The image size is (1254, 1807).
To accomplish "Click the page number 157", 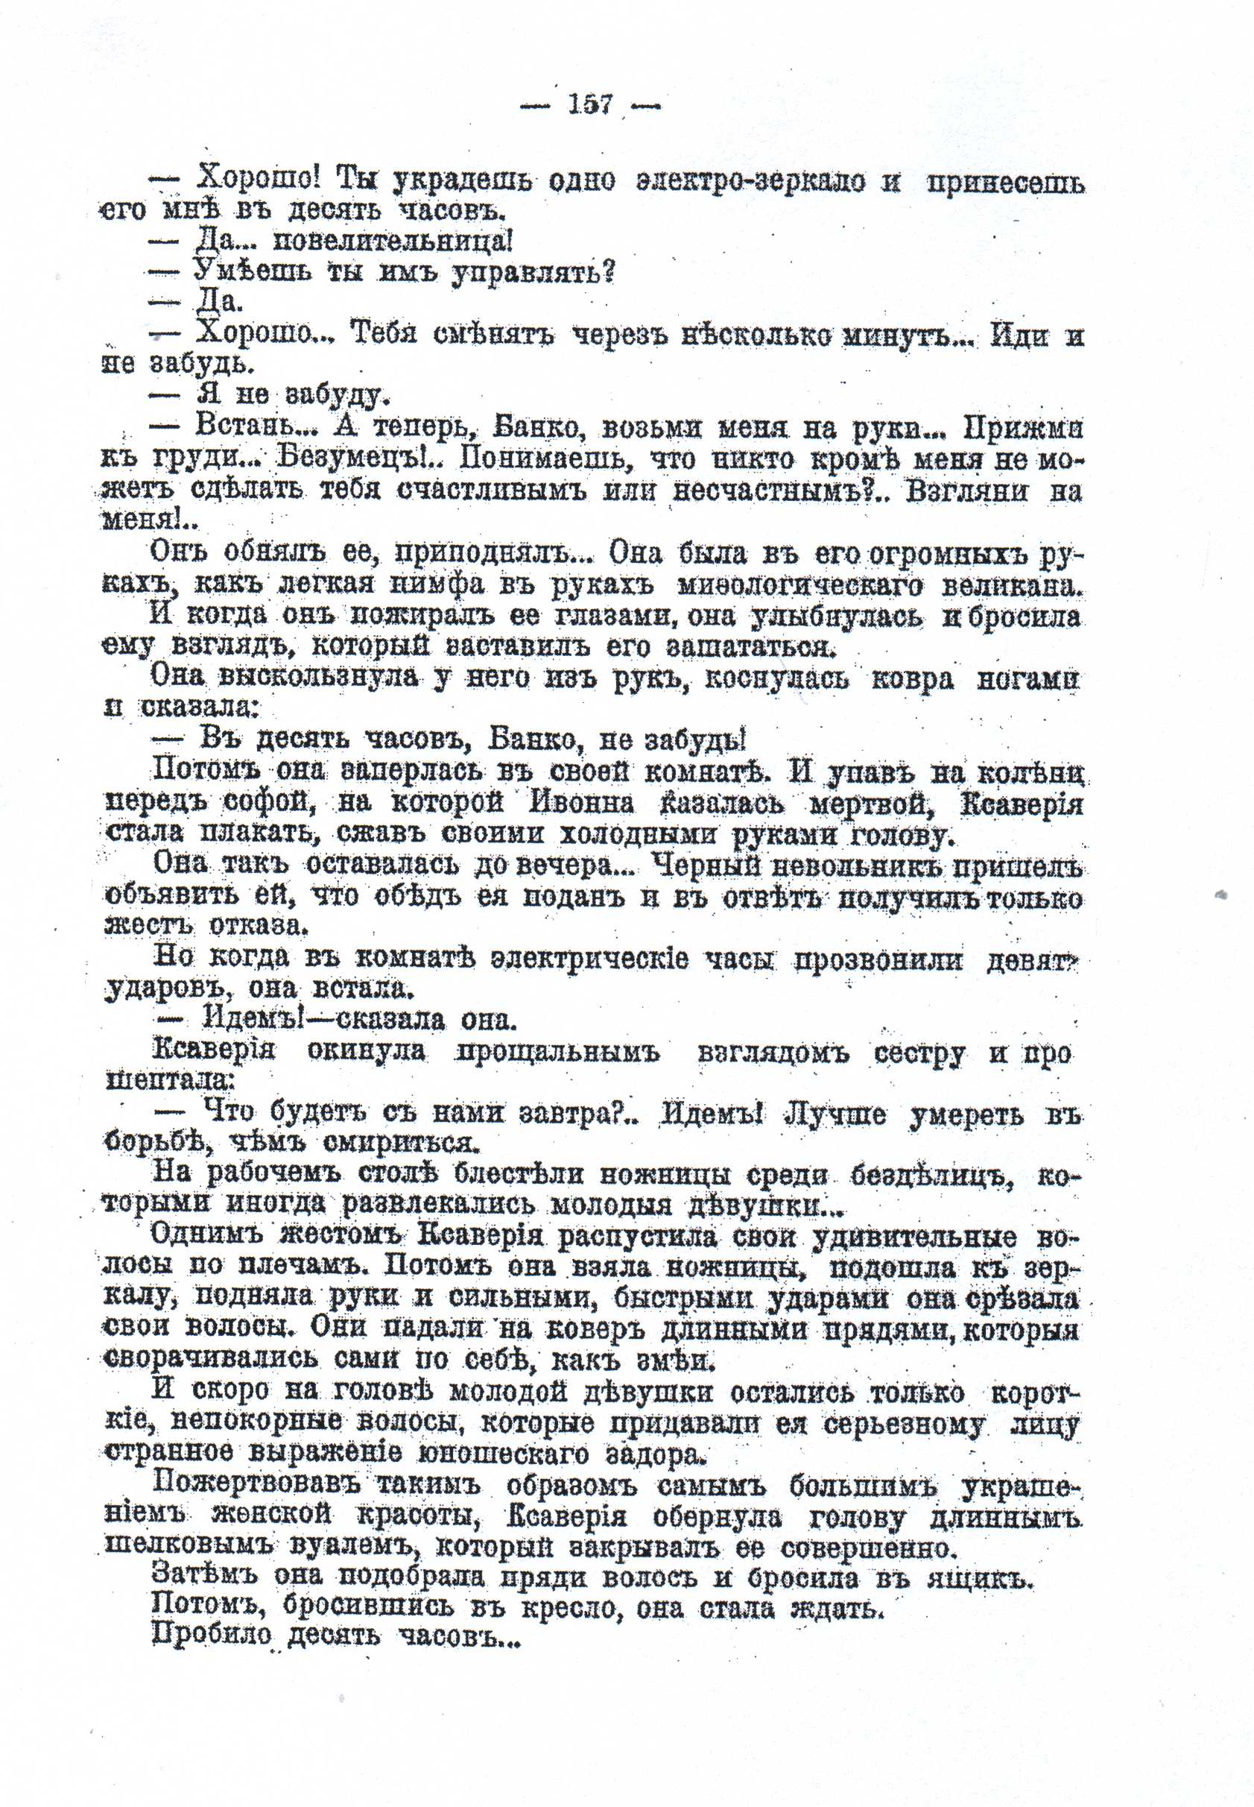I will point(590,104).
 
